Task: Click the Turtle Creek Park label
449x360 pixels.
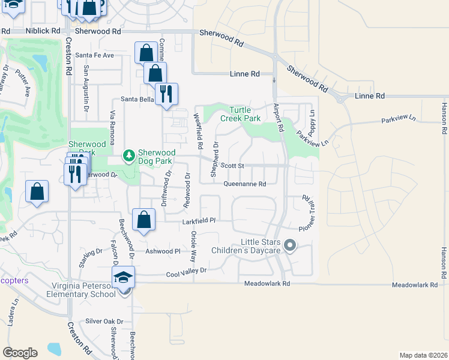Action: point(244,114)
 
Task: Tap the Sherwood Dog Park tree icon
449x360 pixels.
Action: point(128,157)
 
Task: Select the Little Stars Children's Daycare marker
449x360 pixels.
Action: point(290,245)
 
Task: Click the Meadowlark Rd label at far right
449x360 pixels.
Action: point(415,285)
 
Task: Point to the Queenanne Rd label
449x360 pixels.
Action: point(245,185)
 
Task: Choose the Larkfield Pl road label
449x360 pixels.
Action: point(199,221)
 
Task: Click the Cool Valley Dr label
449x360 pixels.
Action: point(186,271)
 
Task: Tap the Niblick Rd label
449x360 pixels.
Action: point(43,31)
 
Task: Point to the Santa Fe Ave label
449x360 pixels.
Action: point(95,55)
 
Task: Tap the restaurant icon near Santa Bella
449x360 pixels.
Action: point(166,93)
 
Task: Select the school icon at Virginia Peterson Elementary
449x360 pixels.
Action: point(123,277)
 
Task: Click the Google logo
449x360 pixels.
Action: point(20,353)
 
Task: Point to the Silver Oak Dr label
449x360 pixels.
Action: point(104,322)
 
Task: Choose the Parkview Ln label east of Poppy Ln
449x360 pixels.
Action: point(399,121)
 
